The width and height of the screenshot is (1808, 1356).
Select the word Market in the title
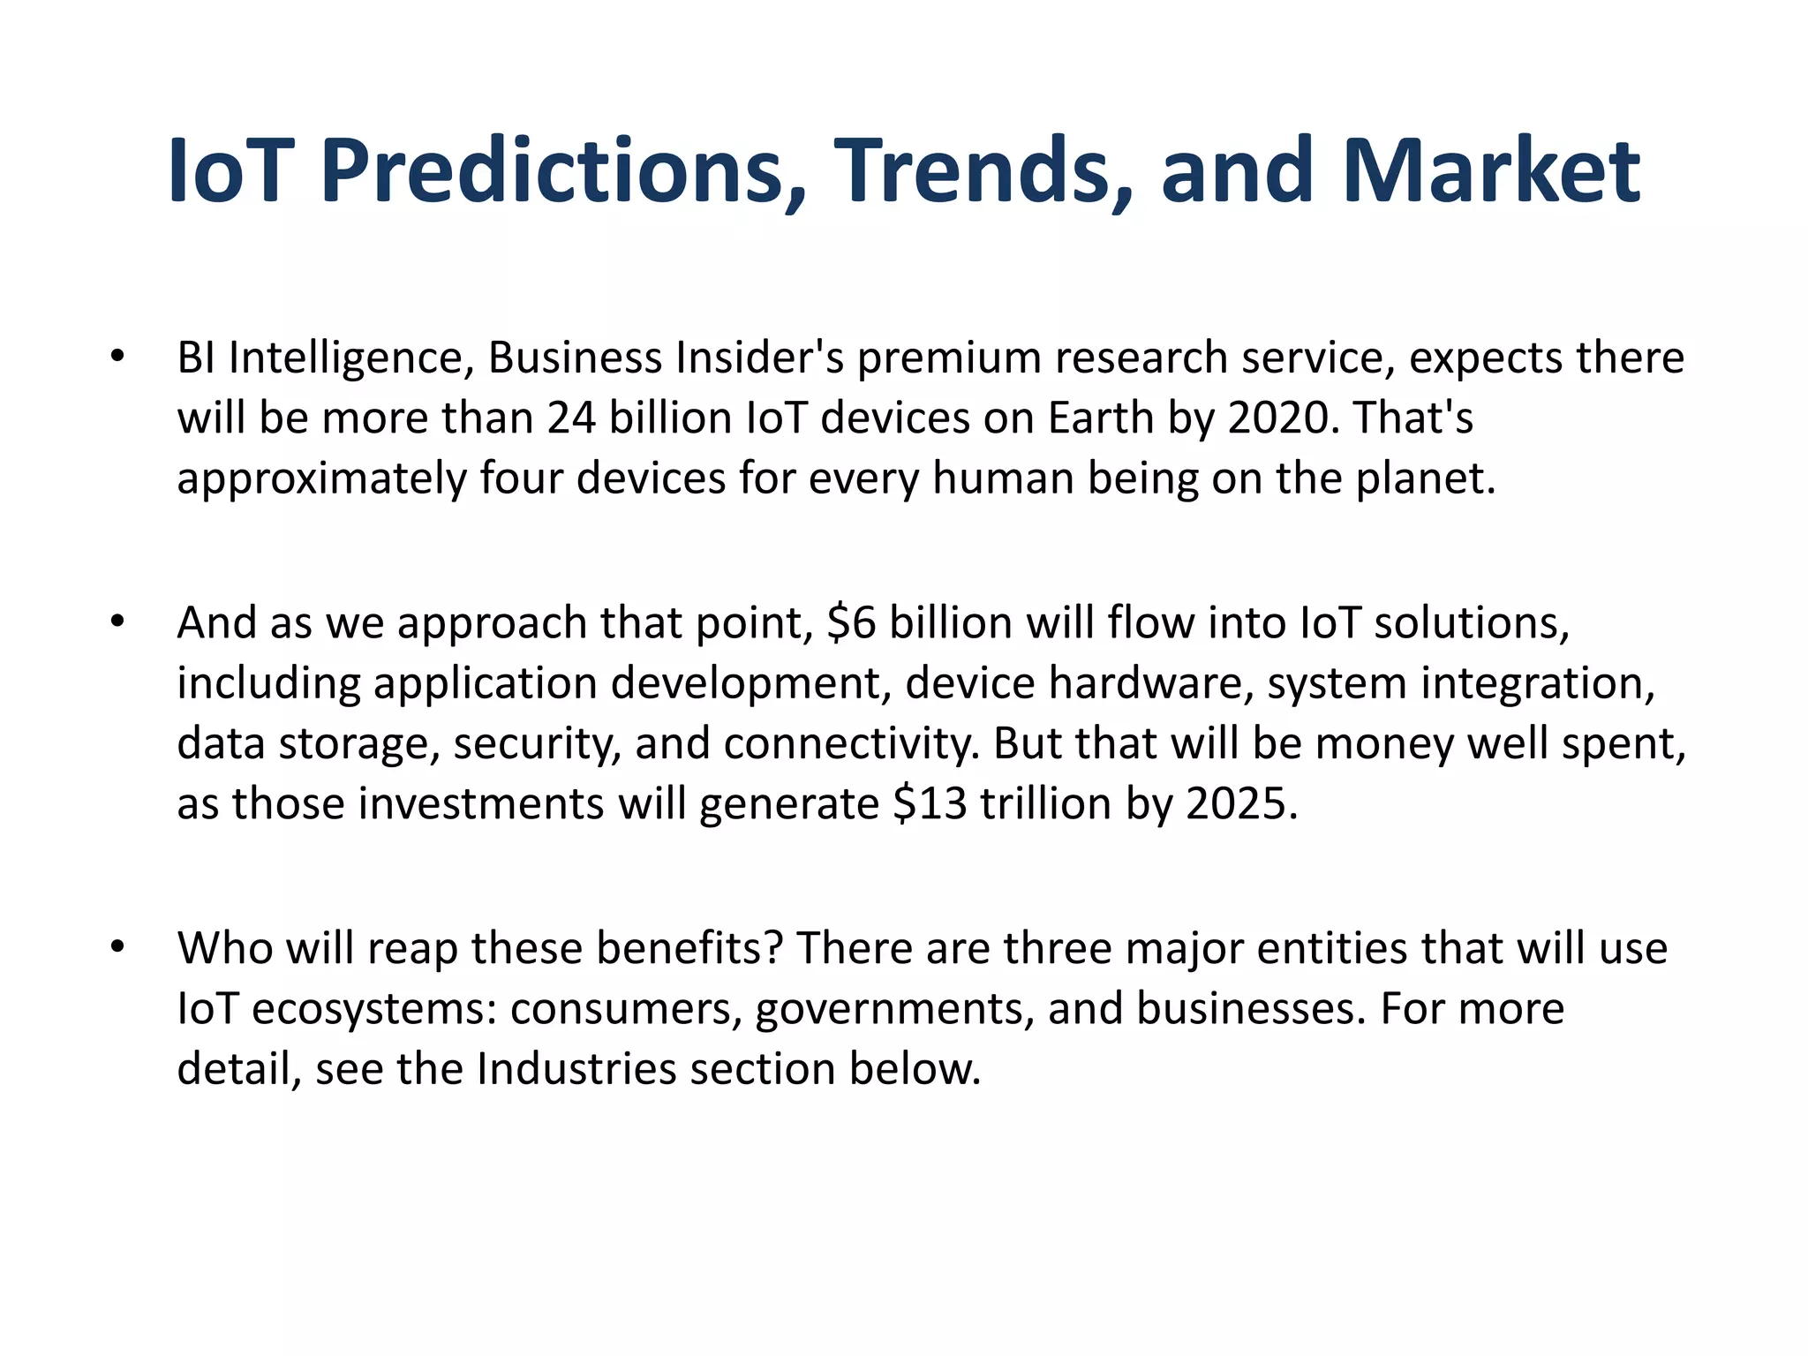(x=1491, y=171)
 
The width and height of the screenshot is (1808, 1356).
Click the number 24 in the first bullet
(x=570, y=418)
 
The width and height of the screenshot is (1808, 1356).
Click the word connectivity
(x=852, y=743)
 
